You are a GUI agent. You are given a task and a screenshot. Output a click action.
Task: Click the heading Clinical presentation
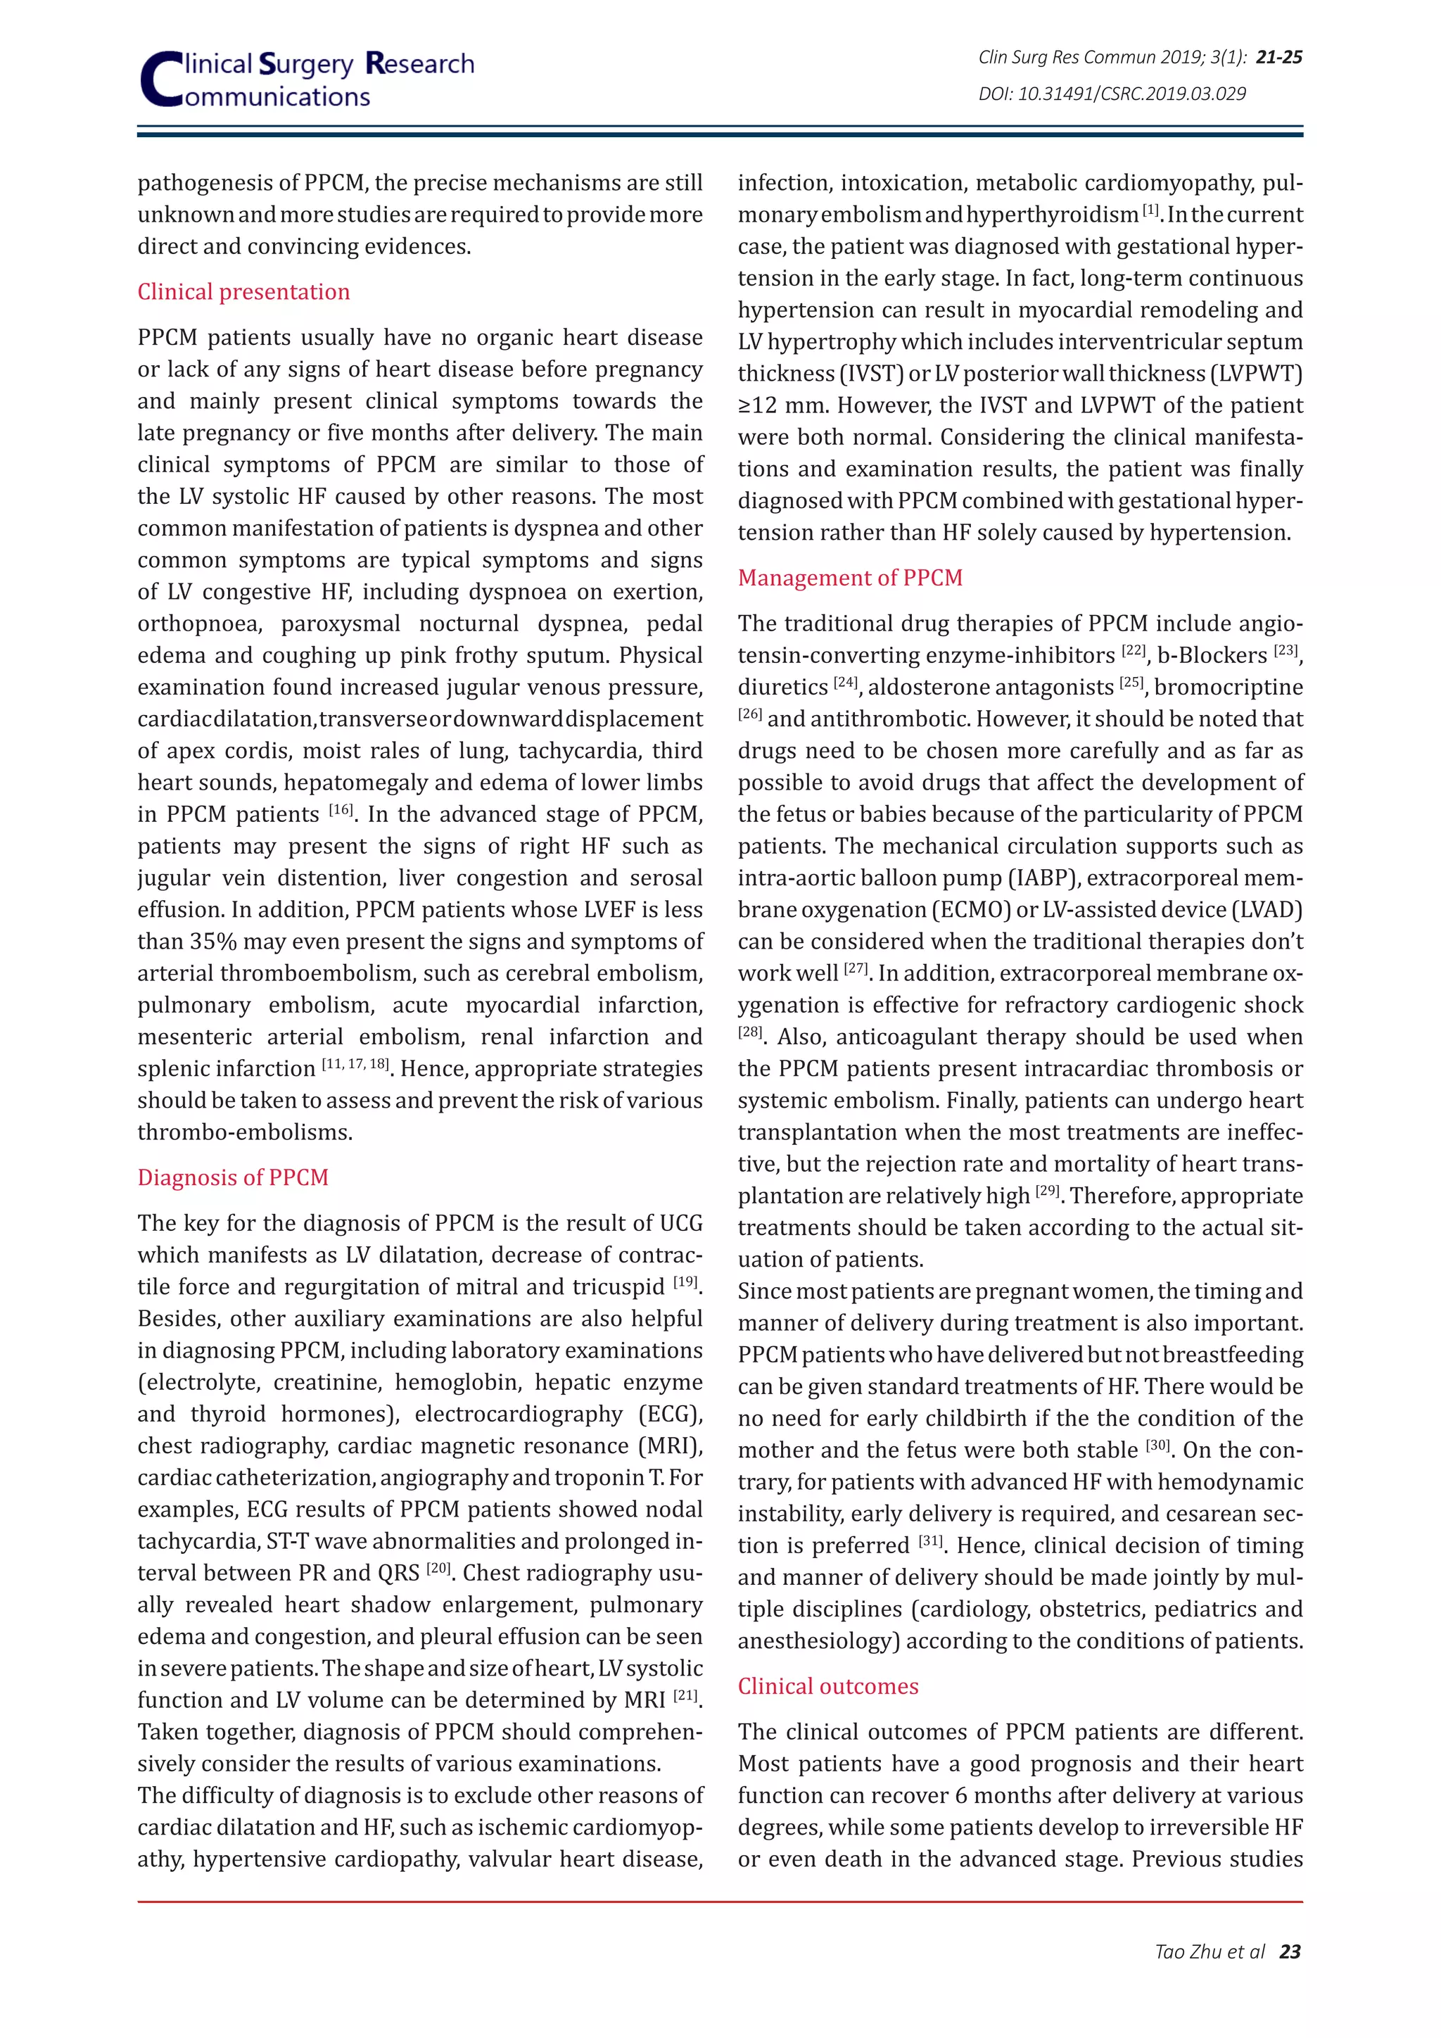pyautogui.click(x=243, y=292)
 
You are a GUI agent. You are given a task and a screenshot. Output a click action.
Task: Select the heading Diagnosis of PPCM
pyautogui.click(x=232, y=1177)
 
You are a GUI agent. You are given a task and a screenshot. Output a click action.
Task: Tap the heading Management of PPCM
pyautogui.click(x=850, y=578)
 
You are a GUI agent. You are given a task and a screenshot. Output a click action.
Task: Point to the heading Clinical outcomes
pyautogui.click(x=828, y=1685)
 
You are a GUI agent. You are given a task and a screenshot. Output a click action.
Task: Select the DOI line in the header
pyautogui.click(x=1112, y=93)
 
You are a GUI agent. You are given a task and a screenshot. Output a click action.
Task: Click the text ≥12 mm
pyautogui.click(x=784, y=405)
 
